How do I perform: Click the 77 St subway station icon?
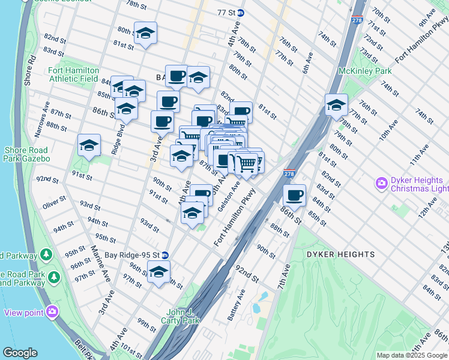pos(241,12)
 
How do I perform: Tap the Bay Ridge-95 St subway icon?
pos(165,255)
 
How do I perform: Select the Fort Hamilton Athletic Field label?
pos(73,74)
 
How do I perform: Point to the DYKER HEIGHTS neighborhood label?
pos(340,254)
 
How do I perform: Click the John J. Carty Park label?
pos(182,316)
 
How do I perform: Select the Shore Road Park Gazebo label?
pos(27,154)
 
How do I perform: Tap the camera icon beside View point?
pos(52,311)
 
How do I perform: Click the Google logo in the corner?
pos(20,353)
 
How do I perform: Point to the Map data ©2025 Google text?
pos(412,355)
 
